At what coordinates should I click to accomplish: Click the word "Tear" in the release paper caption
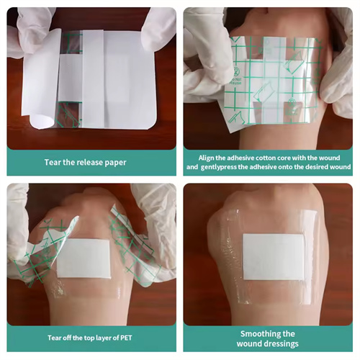pyautogui.click(x=53, y=163)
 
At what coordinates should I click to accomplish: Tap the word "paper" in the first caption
pyautogui.click(x=115, y=163)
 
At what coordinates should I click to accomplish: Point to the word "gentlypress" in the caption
pyautogui.click(x=219, y=167)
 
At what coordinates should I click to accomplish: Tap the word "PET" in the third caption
pyautogui.click(x=126, y=338)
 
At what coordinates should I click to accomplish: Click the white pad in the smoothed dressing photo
pyautogui.click(x=274, y=257)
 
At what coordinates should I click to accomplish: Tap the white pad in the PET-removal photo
pyautogui.click(x=84, y=258)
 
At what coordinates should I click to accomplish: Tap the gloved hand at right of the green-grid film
pyautogui.click(x=336, y=70)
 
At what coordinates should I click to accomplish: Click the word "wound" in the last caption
pyautogui.click(x=250, y=343)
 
